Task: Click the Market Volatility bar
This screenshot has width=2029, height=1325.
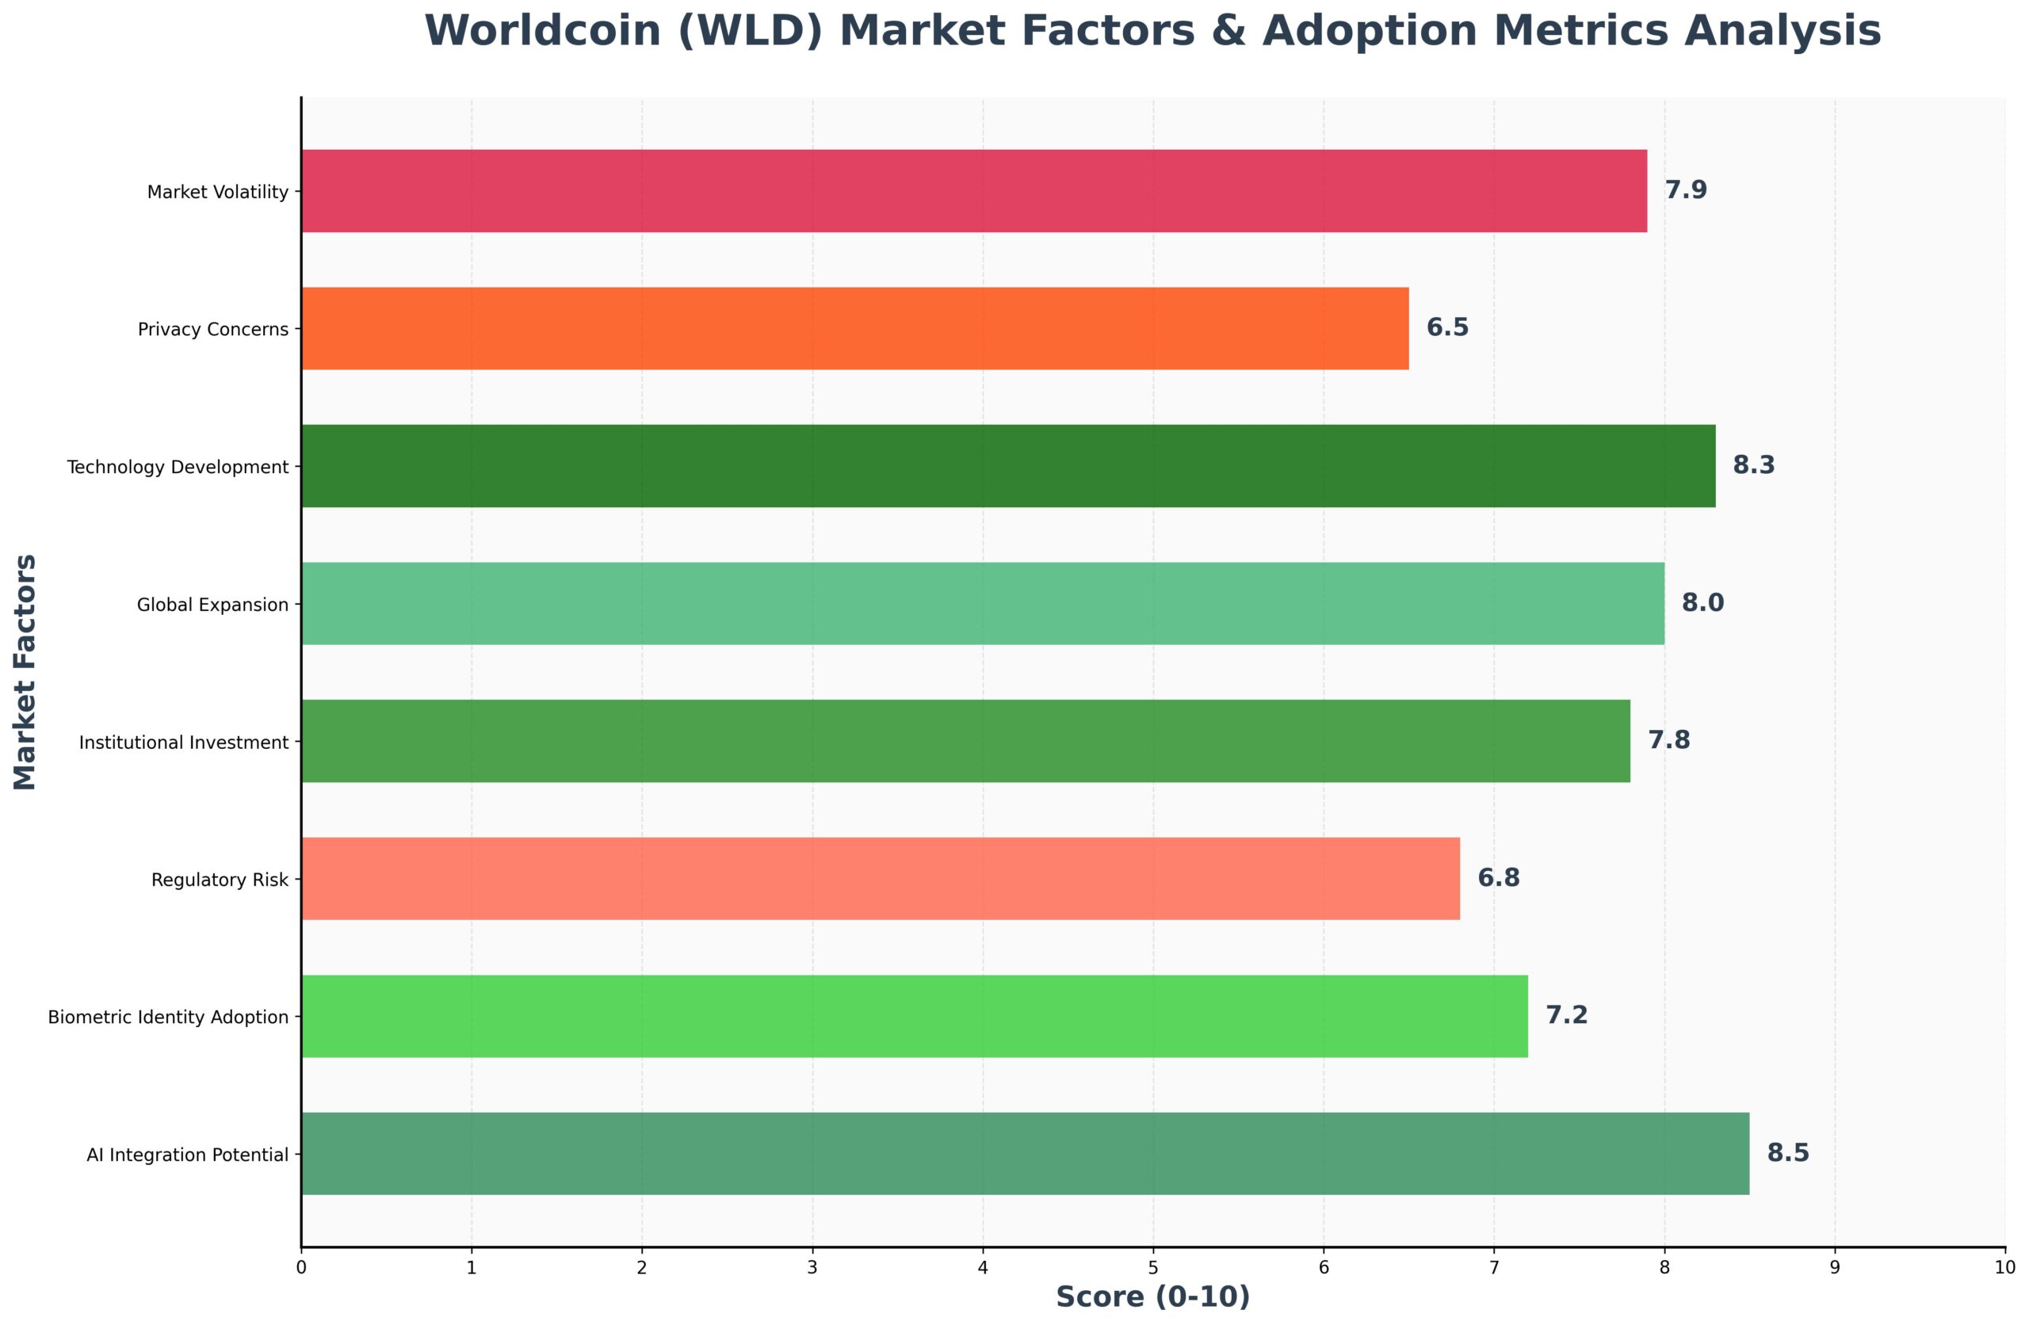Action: [x=972, y=191]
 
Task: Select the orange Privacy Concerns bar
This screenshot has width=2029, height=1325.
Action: [x=854, y=328]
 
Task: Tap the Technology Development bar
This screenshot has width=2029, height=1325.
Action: [x=1007, y=467]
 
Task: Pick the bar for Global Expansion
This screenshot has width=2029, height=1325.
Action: [x=981, y=604]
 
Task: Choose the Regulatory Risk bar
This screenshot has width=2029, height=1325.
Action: [x=879, y=879]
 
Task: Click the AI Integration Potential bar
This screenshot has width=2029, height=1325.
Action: [x=1024, y=1154]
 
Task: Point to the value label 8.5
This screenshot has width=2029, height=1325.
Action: [x=1787, y=1154]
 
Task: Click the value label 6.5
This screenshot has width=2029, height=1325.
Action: [x=1446, y=328]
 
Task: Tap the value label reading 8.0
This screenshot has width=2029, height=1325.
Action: [x=1702, y=604]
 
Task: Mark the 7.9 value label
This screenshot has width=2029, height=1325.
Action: [x=1686, y=191]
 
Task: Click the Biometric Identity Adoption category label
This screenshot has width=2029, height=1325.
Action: [x=168, y=1018]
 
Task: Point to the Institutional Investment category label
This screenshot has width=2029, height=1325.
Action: [x=183, y=743]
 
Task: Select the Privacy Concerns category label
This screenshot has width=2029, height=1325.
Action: [x=213, y=330]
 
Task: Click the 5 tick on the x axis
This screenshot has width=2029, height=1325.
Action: [x=1152, y=1268]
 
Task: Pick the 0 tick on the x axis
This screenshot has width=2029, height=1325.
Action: [x=301, y=1268]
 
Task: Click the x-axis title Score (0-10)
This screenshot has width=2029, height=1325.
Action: [x=1152, y=1296]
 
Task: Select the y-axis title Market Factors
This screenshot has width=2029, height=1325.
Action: [x=25, y=672]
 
